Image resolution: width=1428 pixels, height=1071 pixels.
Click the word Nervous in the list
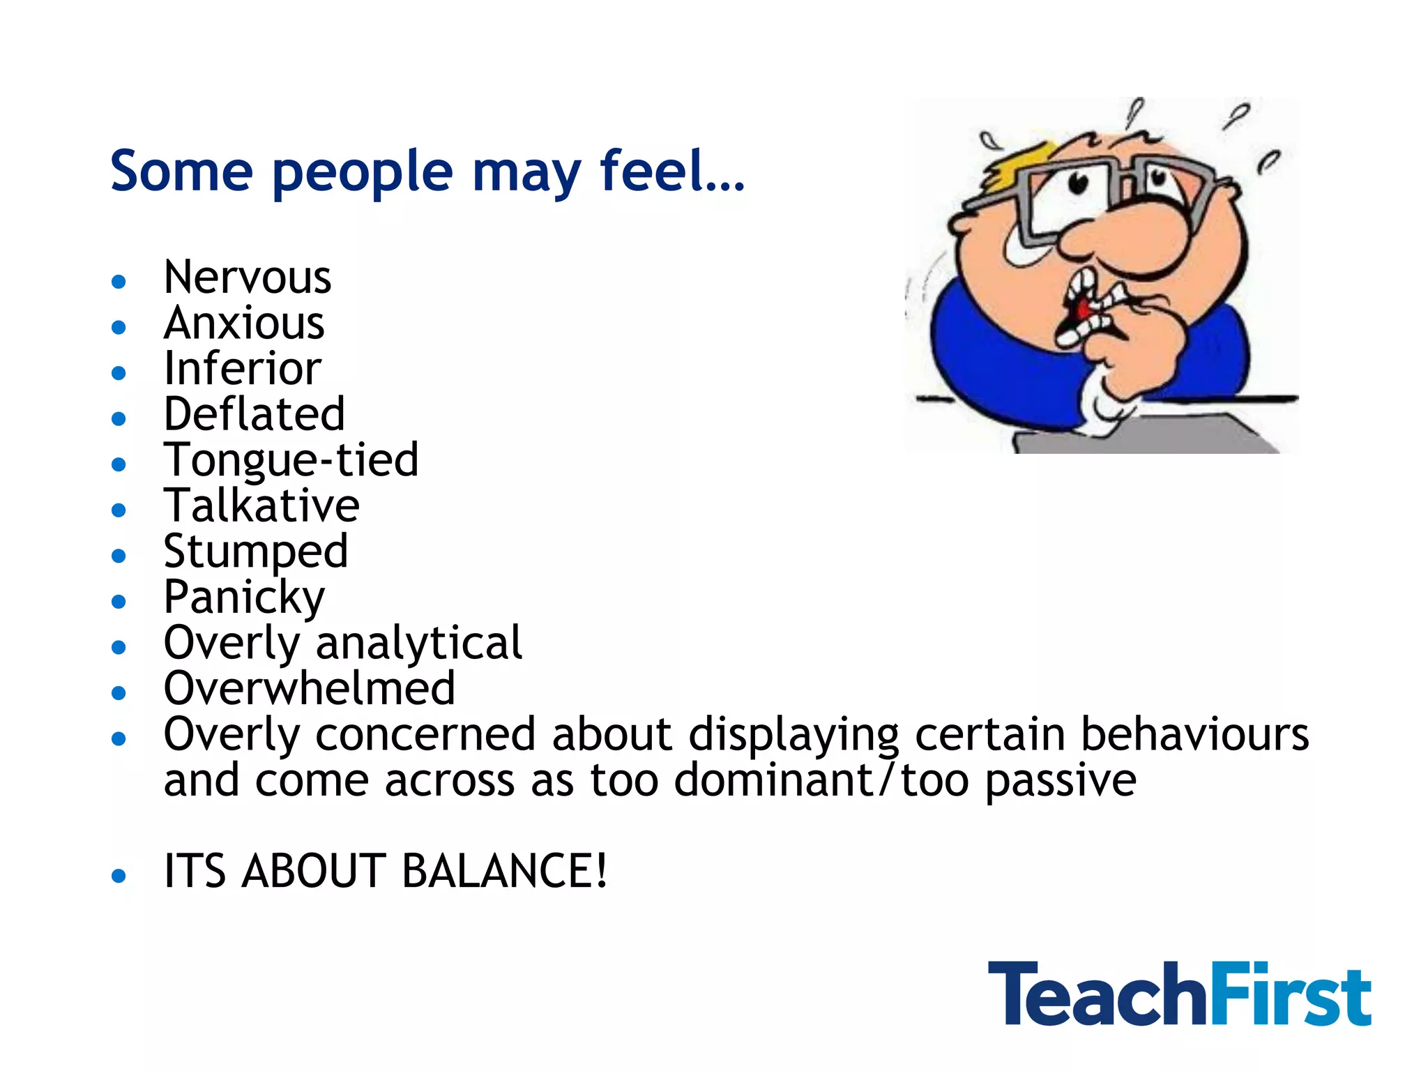pyautogui.click(x=247, y=278)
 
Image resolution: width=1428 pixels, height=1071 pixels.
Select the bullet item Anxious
pyautogui.click(x=244, y=324)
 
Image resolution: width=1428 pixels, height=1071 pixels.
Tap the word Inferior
pyautogui.click(x=242, y=369)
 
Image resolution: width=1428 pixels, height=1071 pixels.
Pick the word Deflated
pyautogui.click(x=254, y=414)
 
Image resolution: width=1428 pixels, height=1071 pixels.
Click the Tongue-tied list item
pyautogui.click(x=291, y=460)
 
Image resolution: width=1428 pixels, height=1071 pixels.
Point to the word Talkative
pyautogui.click(x=261, y=506)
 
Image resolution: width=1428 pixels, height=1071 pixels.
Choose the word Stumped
pyautogui.click(x=255, y=552)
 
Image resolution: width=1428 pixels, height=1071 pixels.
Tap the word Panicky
pyautogui.click(x=244, y=598)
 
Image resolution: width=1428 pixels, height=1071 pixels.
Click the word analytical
pyautogui.click(x=418, y=644)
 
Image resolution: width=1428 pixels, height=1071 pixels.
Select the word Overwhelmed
pyautogui.click(x=309, y=689)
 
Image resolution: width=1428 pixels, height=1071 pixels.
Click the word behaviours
pyautogui.click(x=1194, y=735)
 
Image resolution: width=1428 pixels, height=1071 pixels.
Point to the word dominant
pyautogui.click(x=774, y=780)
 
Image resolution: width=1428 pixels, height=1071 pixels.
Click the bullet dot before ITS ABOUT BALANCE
pyautogui.click(x=119, y=876)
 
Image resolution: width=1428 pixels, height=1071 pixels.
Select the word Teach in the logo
pyautogui.click(x=1097, y=994)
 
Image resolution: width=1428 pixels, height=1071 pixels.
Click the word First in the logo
pyautogui.click(x=1290, y=994)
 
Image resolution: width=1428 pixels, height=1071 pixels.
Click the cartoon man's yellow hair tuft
pyautogui.click(x=1018, y=165)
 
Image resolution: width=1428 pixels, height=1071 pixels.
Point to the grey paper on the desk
pyautogui.click(x=1144, y=436)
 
